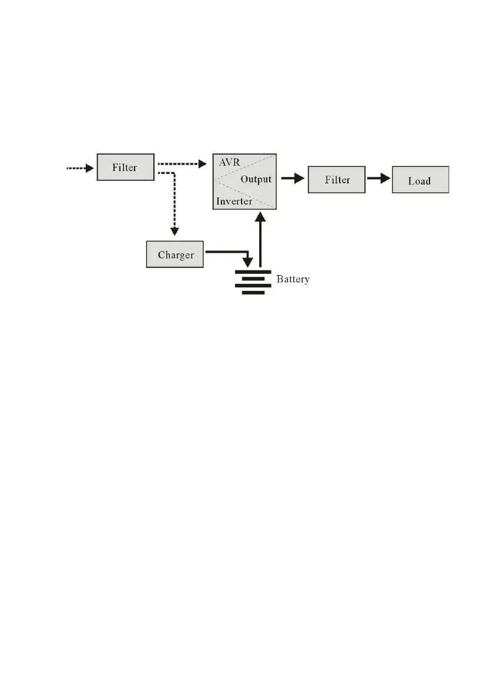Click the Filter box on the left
[x=125, y=167]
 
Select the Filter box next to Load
[x=337, y=180]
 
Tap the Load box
[x=420, y=180]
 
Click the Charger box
[x=175, y=255]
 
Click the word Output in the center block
[x=256, y=179]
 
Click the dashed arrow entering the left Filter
[x=79, y=168]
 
